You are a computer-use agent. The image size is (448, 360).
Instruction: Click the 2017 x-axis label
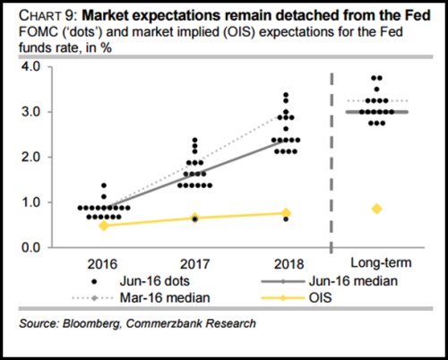tap(194, 264)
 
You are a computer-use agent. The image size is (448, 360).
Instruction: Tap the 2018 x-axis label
tap(285, 264)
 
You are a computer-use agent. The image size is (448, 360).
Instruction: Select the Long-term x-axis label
tap(377, 264)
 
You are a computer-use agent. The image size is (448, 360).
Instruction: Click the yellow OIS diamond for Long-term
tap(377, 209)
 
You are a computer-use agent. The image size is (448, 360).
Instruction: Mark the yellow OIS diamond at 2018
tap(286, 213)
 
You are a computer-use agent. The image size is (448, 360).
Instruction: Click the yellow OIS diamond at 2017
tap(194, 218)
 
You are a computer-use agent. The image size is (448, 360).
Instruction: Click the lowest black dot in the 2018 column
tap(286, 219)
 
